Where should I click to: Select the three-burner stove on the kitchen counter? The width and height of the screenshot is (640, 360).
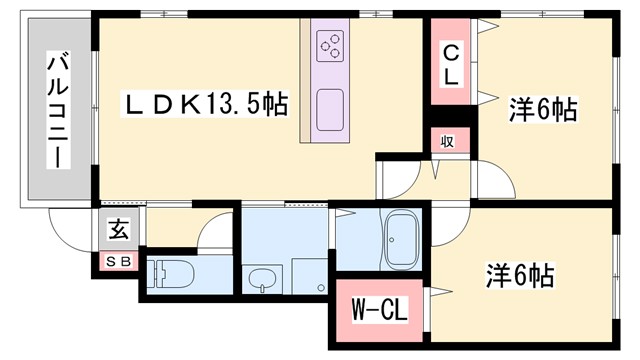[x=330, y=43]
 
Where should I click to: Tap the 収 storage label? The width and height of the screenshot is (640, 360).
[x=449, y=141]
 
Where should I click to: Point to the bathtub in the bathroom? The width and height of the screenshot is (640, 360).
[x=402, y=243]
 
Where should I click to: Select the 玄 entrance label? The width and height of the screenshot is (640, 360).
[x=118, y=231]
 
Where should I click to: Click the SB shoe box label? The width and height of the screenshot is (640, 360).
[x=118, y=262]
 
